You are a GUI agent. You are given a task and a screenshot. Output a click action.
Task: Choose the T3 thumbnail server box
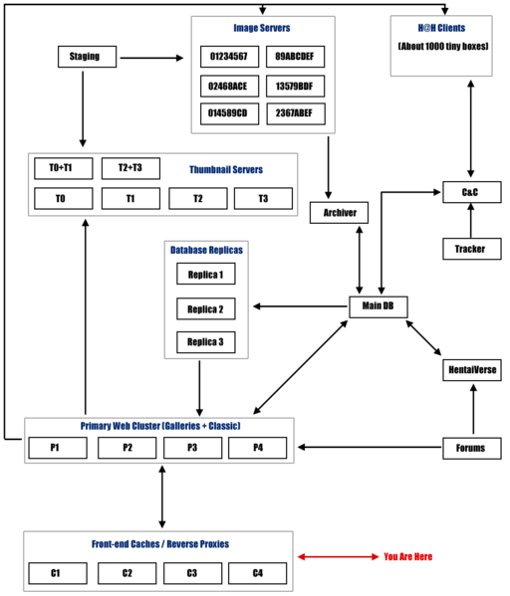pos(263,199)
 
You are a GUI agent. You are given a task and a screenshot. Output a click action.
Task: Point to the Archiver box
pos(340,212)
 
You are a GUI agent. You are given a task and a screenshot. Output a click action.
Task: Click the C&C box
pos(468,190)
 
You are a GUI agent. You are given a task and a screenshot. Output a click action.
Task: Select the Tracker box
pos(468,248)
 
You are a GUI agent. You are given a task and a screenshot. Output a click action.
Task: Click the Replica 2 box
pos(206,308)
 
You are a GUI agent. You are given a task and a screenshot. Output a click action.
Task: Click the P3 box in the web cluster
pos(192,448)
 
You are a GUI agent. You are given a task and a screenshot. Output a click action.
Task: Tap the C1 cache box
pos(57,573)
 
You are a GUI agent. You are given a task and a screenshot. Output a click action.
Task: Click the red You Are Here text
pos(408,556)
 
